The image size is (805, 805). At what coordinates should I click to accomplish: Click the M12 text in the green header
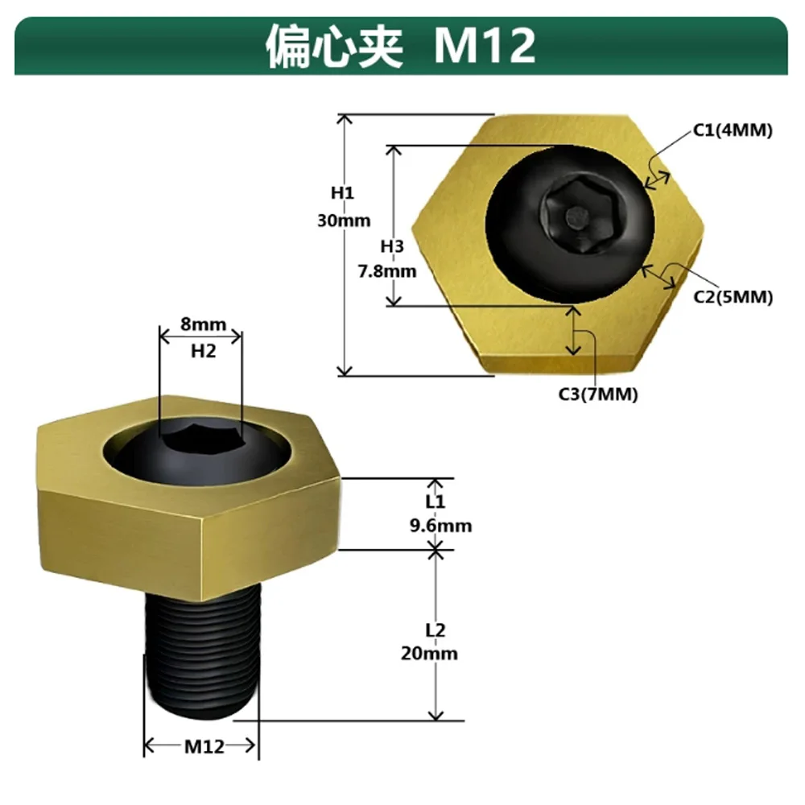pos(485,46)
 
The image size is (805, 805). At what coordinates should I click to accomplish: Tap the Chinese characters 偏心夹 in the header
pos(335,46)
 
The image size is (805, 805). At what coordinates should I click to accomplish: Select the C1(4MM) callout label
pos(733,130)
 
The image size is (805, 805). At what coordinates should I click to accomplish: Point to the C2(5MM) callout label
pos(733,297)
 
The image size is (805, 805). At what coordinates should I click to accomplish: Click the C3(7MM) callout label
pos(598,394)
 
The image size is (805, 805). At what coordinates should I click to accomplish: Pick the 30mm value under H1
pos(344,221)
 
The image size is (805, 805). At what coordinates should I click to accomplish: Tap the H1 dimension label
pos(342,193)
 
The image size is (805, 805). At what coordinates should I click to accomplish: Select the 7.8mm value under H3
pos(387,271)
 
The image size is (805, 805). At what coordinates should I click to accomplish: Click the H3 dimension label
pos(392,246)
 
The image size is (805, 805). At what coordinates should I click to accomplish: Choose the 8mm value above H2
pos(204,324)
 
